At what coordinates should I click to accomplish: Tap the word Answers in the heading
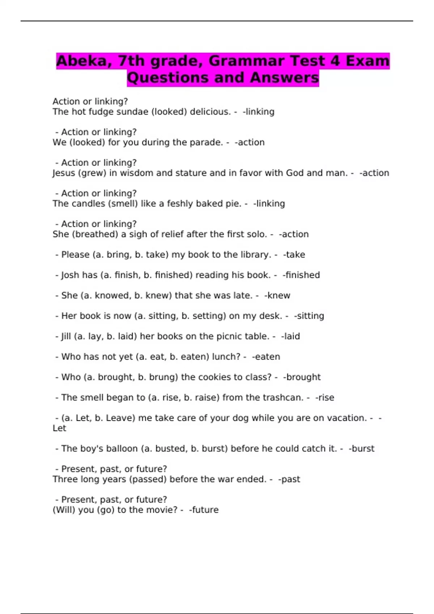(284, 78)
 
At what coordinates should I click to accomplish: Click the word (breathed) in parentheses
(95, 234)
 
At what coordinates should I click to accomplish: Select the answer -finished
(301, 275)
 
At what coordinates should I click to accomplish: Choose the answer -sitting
(309, 316)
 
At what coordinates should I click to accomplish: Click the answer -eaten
(266, 357)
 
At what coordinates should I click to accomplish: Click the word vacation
(347, 418)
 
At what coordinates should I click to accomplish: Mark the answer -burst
(361, 449)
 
